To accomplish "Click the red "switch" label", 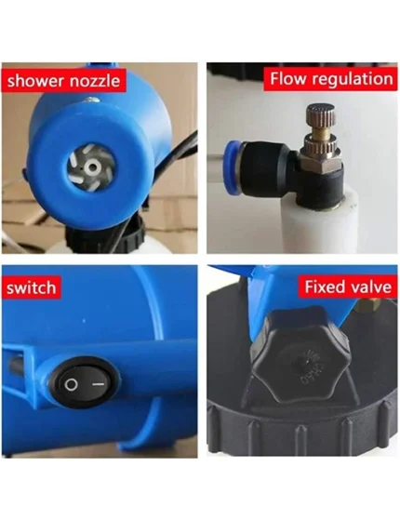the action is tap(32, 287).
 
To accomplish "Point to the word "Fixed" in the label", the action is tap(325, 287).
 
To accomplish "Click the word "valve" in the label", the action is tap(370, 287).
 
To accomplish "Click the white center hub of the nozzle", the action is tap(90, 167).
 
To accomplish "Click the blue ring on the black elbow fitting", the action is tap(233, 167).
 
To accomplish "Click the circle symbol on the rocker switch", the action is tap(71, 385).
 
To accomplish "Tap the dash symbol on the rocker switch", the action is tap(99, 384).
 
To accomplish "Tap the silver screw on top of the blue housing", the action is tap(91, 100).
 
